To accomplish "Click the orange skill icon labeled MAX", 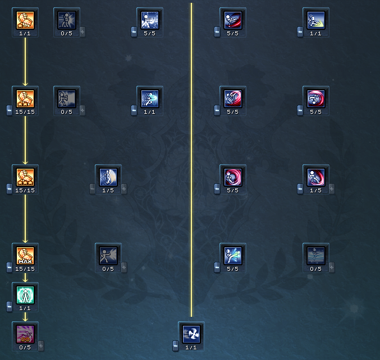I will pyautogui.click(x=25, y=255).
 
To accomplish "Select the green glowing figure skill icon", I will pyautogui.click(x=25, y=294).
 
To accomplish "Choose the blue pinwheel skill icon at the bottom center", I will pyautogui.click(x=191, y=334).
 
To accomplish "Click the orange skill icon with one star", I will pyautogui.click(x=25, y=20).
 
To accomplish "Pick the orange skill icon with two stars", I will pyautogui.click(x=25, y=98).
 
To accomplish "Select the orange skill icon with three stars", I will pyautogui.click(x=25, y=177).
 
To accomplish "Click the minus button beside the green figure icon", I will pyautogui.click(x=10, y=306).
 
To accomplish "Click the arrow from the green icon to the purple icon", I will pyautogui.click(x=25, y=317).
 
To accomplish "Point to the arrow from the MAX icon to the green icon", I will pyautogui.click(x=25, y=278).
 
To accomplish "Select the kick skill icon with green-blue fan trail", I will pyautogui.click(x=233, y=255).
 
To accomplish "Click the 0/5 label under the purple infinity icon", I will pyautogui.click(x=25, y=348).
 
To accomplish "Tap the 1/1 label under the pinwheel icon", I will pyautogui.click(x=191, y=348).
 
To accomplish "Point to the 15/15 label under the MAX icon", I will pyautogui.click(x=25, y=269).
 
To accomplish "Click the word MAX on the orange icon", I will pyautogui.click(x=25, y=261).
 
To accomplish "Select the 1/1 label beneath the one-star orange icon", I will pyautogui.click(x=25, y=34).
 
